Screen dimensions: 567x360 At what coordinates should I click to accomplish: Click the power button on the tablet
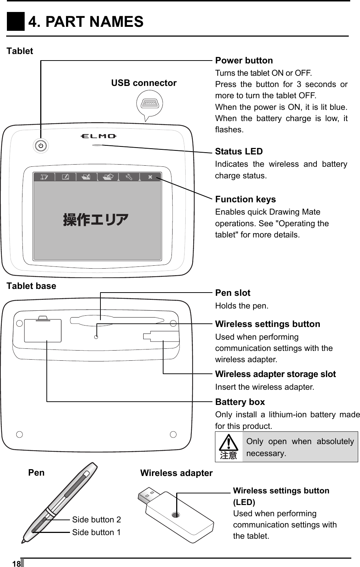41,146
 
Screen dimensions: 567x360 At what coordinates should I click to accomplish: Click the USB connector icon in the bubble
150,104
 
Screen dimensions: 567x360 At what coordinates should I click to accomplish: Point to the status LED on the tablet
97,145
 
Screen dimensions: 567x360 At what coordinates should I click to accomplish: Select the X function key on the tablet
150,177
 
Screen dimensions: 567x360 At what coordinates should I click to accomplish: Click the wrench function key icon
129,177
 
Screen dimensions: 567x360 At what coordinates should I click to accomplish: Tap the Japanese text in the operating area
96,220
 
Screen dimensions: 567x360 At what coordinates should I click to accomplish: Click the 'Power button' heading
244,61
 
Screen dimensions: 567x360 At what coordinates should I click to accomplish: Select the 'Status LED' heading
239,152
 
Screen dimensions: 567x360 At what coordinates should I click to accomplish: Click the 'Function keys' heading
245,199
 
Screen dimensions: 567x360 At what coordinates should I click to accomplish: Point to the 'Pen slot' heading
233,293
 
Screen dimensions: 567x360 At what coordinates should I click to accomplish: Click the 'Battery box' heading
240,402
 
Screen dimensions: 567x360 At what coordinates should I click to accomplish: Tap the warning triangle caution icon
228,446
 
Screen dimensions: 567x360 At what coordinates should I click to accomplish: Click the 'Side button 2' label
96,520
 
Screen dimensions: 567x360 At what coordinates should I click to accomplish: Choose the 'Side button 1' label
96,532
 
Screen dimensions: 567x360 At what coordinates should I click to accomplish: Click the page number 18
16,564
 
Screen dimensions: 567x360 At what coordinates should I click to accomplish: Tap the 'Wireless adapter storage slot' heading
276,374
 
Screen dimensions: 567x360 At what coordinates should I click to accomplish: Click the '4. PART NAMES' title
86,22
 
